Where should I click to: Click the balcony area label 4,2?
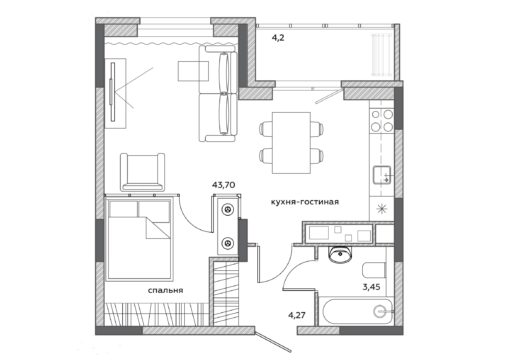pos(278,38)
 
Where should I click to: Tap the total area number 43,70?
pos(224,185)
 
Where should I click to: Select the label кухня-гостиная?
pos(305,202)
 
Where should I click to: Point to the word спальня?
pos(165,290)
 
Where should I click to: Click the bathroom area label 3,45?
pos(371,287)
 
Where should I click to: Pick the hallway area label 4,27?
pos(297,315)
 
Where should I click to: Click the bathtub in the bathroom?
pos(355,311)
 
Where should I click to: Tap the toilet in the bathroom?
pos(374,270)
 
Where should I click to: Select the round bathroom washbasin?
pos(340,254)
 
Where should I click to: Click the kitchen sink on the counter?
pos(382,175)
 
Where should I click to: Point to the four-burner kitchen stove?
pos(382,120)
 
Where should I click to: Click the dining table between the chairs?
pos(292,143)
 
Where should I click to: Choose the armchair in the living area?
pos(142,172)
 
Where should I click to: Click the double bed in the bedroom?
pos(139,239)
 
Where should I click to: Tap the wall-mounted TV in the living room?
pos(113,92)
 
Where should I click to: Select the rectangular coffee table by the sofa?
pos(193,71)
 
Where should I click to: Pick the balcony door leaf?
pos(329,96)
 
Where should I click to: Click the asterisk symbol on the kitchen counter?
pos(381,209)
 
